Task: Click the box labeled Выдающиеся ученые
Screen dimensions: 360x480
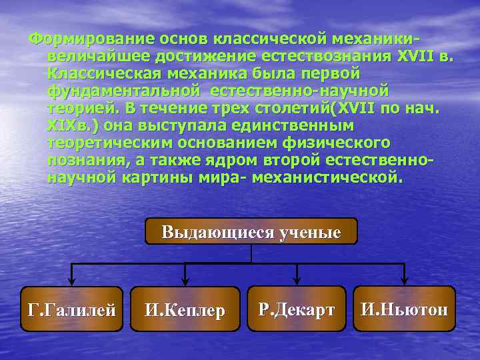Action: [251, 231]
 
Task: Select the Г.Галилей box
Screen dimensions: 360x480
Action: [72, 309]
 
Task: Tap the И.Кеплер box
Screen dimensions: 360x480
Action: [185, 310]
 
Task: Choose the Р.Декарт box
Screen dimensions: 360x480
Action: [297, 309]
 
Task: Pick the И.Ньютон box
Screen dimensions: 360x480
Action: [404, 309]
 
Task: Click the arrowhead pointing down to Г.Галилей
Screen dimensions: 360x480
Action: [72, 281]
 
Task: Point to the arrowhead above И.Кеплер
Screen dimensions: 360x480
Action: [185, 282]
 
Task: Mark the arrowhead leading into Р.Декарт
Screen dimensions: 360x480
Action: [297, 281]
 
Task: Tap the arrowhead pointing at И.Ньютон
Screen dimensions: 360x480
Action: [404, 281]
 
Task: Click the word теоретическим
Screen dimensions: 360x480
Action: [109, 143]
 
